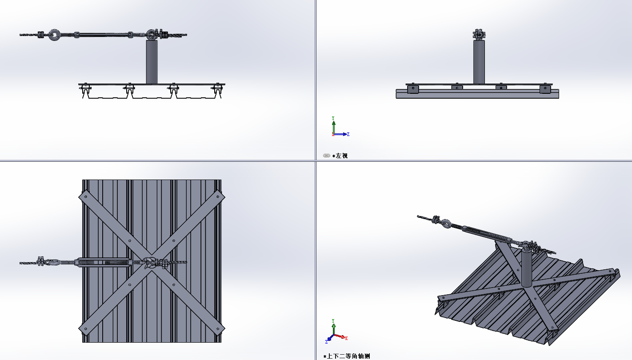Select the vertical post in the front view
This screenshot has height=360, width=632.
point(152,62)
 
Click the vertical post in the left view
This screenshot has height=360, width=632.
point(479,62)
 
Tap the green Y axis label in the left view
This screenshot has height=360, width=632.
point(333,118)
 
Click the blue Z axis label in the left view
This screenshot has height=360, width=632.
point(348,134)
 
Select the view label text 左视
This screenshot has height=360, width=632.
point(342,156)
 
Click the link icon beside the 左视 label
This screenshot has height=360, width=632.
point(326,156)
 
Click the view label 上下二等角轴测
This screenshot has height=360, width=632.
point(348,356)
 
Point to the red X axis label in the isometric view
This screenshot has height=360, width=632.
point(346,338)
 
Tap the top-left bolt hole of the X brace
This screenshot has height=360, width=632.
point(86,196)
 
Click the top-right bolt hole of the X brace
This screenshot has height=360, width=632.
point(218,196)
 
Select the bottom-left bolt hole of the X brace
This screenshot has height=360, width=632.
point(86,329)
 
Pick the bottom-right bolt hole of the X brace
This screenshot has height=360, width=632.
point(218,329)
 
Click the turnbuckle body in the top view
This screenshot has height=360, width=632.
point(104,262)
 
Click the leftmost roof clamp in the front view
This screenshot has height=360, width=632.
point(85,90)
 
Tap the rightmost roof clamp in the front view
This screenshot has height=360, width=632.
point(217,90)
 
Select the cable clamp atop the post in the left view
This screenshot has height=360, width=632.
point(479,34)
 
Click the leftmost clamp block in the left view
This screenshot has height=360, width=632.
point(413,88)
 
